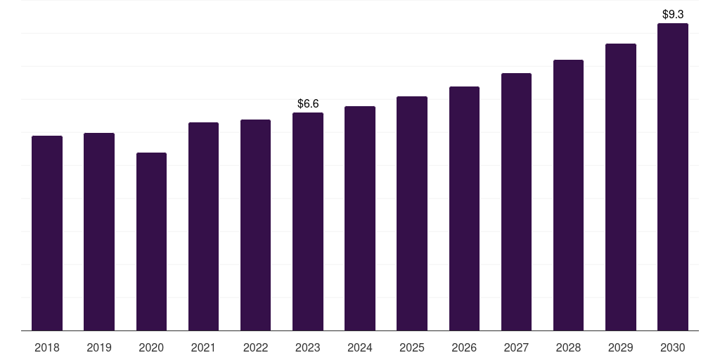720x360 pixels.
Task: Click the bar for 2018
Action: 47,233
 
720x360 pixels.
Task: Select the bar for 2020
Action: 152,242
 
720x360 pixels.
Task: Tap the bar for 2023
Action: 308,221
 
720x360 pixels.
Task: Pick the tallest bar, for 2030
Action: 673,176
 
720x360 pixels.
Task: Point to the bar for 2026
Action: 464,208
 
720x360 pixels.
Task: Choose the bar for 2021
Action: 203,226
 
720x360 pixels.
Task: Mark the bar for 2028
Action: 568,195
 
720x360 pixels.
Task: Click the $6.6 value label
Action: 308,104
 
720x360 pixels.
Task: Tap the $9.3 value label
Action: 673,14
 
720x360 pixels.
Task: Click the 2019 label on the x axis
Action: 99,348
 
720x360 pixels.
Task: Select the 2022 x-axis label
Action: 256,348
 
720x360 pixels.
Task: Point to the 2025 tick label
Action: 412,348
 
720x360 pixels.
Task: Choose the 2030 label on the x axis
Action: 673,348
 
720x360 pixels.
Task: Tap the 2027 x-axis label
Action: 516,348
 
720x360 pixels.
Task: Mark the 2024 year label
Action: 360,348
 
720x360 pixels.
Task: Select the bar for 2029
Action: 621,187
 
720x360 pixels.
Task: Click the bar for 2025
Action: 412,214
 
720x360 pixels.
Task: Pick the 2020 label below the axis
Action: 152,348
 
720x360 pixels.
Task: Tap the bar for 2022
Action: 255,225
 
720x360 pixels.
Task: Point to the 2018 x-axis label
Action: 47,348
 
